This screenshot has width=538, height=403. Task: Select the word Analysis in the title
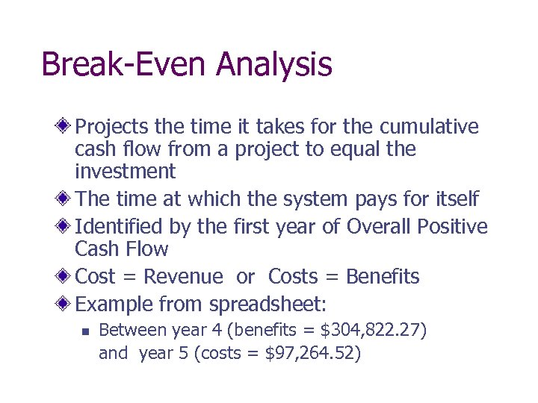(274, 65)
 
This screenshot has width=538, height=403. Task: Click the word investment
(125, 172)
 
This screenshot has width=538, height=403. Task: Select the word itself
(454, 199)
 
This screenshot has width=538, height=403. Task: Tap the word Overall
(379, 226)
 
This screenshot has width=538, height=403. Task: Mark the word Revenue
(183, 277)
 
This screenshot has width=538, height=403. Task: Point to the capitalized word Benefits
(383, 277)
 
